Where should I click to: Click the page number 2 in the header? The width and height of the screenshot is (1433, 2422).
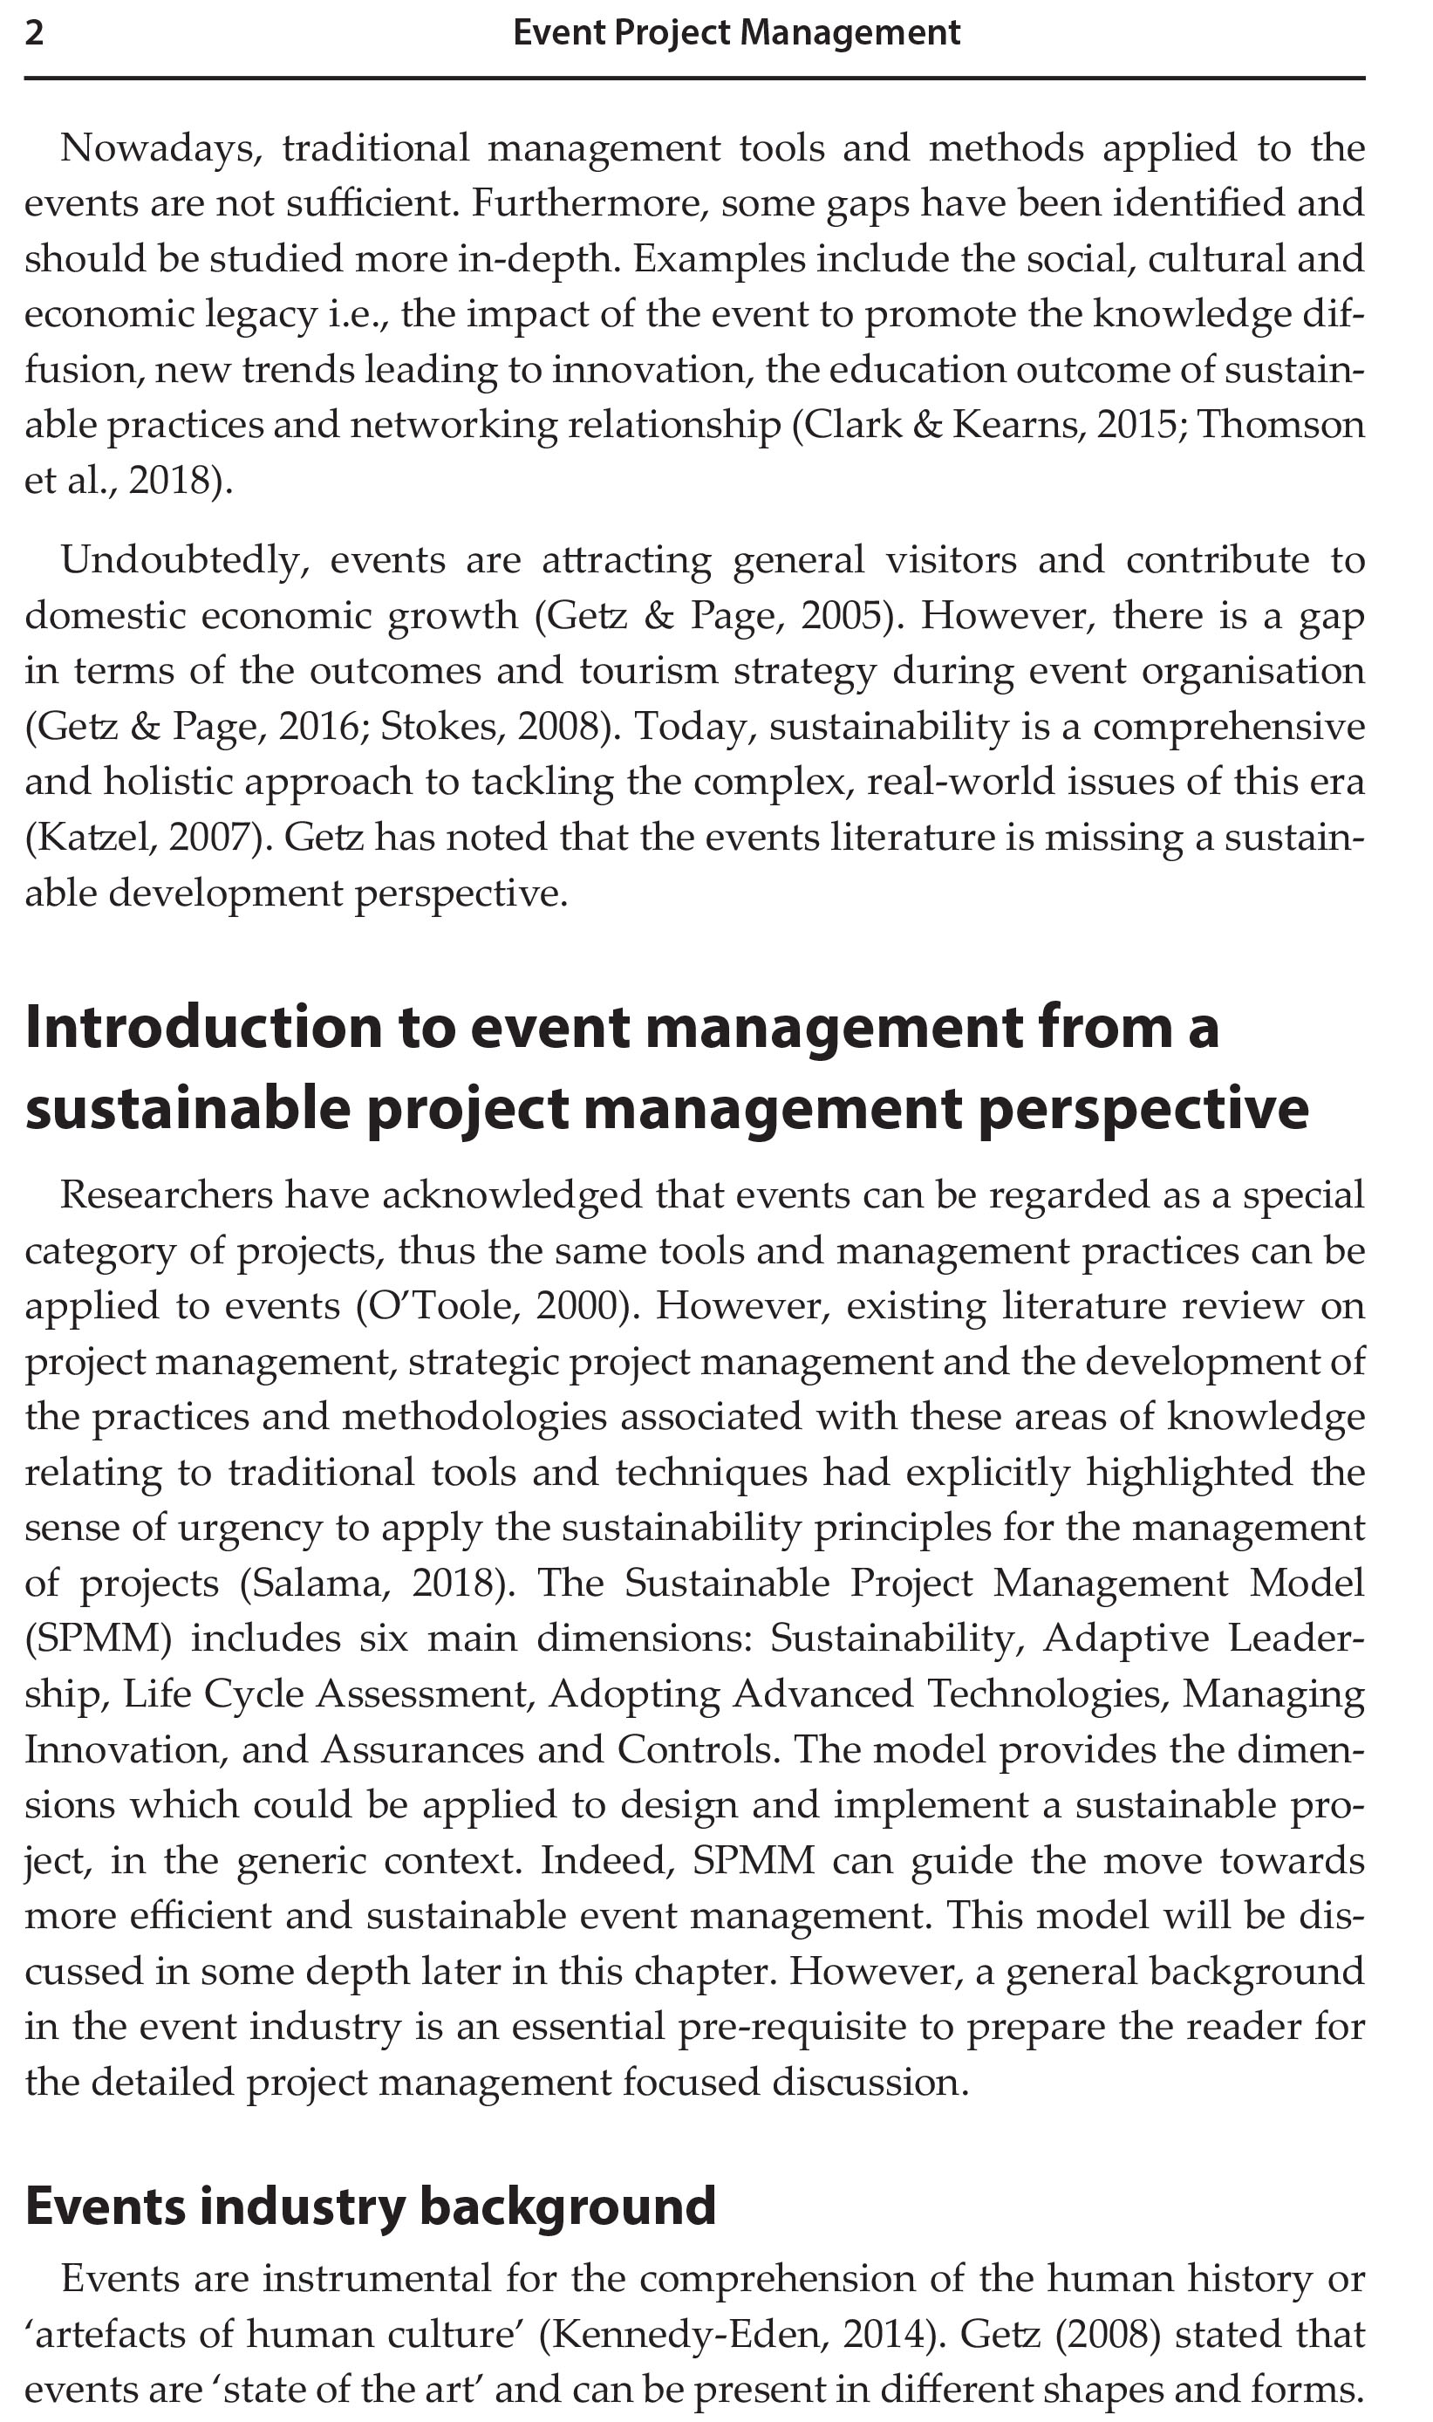[34, 34]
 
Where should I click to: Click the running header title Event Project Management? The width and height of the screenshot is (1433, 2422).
[736, 34]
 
